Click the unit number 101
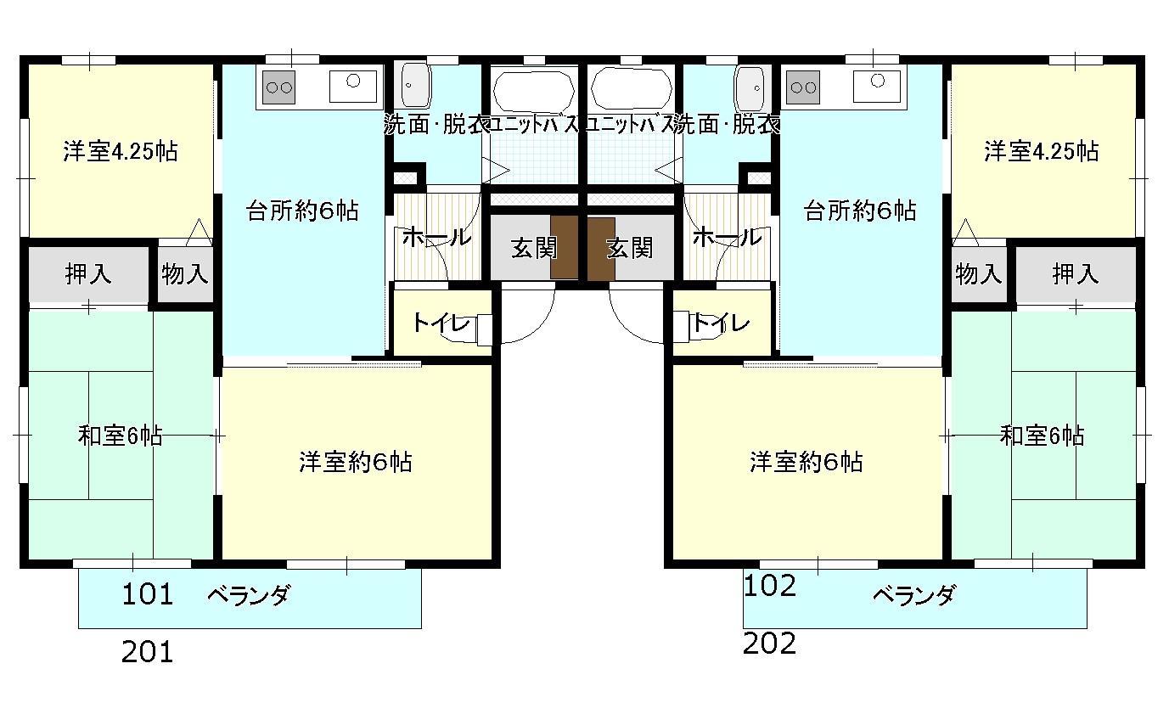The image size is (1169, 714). pos(148,594)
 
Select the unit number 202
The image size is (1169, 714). pos(769,644)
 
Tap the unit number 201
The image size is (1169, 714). pos(148,652)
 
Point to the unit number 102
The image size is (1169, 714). pos(769,585)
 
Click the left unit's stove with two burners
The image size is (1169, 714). pos(279,87)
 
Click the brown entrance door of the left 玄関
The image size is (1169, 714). pos(564,247)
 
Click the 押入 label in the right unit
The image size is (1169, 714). pos(1076,274)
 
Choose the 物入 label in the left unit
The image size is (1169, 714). pos(185,274)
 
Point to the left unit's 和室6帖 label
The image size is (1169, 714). pos(120,436)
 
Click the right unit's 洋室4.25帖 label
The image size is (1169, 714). pos(1041,151)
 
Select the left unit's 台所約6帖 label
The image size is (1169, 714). pos(302,211)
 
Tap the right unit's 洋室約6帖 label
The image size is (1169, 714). pos(806,462)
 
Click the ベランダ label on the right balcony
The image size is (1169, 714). pos(913,595)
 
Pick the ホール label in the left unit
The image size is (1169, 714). pos(436,237)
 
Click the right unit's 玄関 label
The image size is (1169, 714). pos(629,248)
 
